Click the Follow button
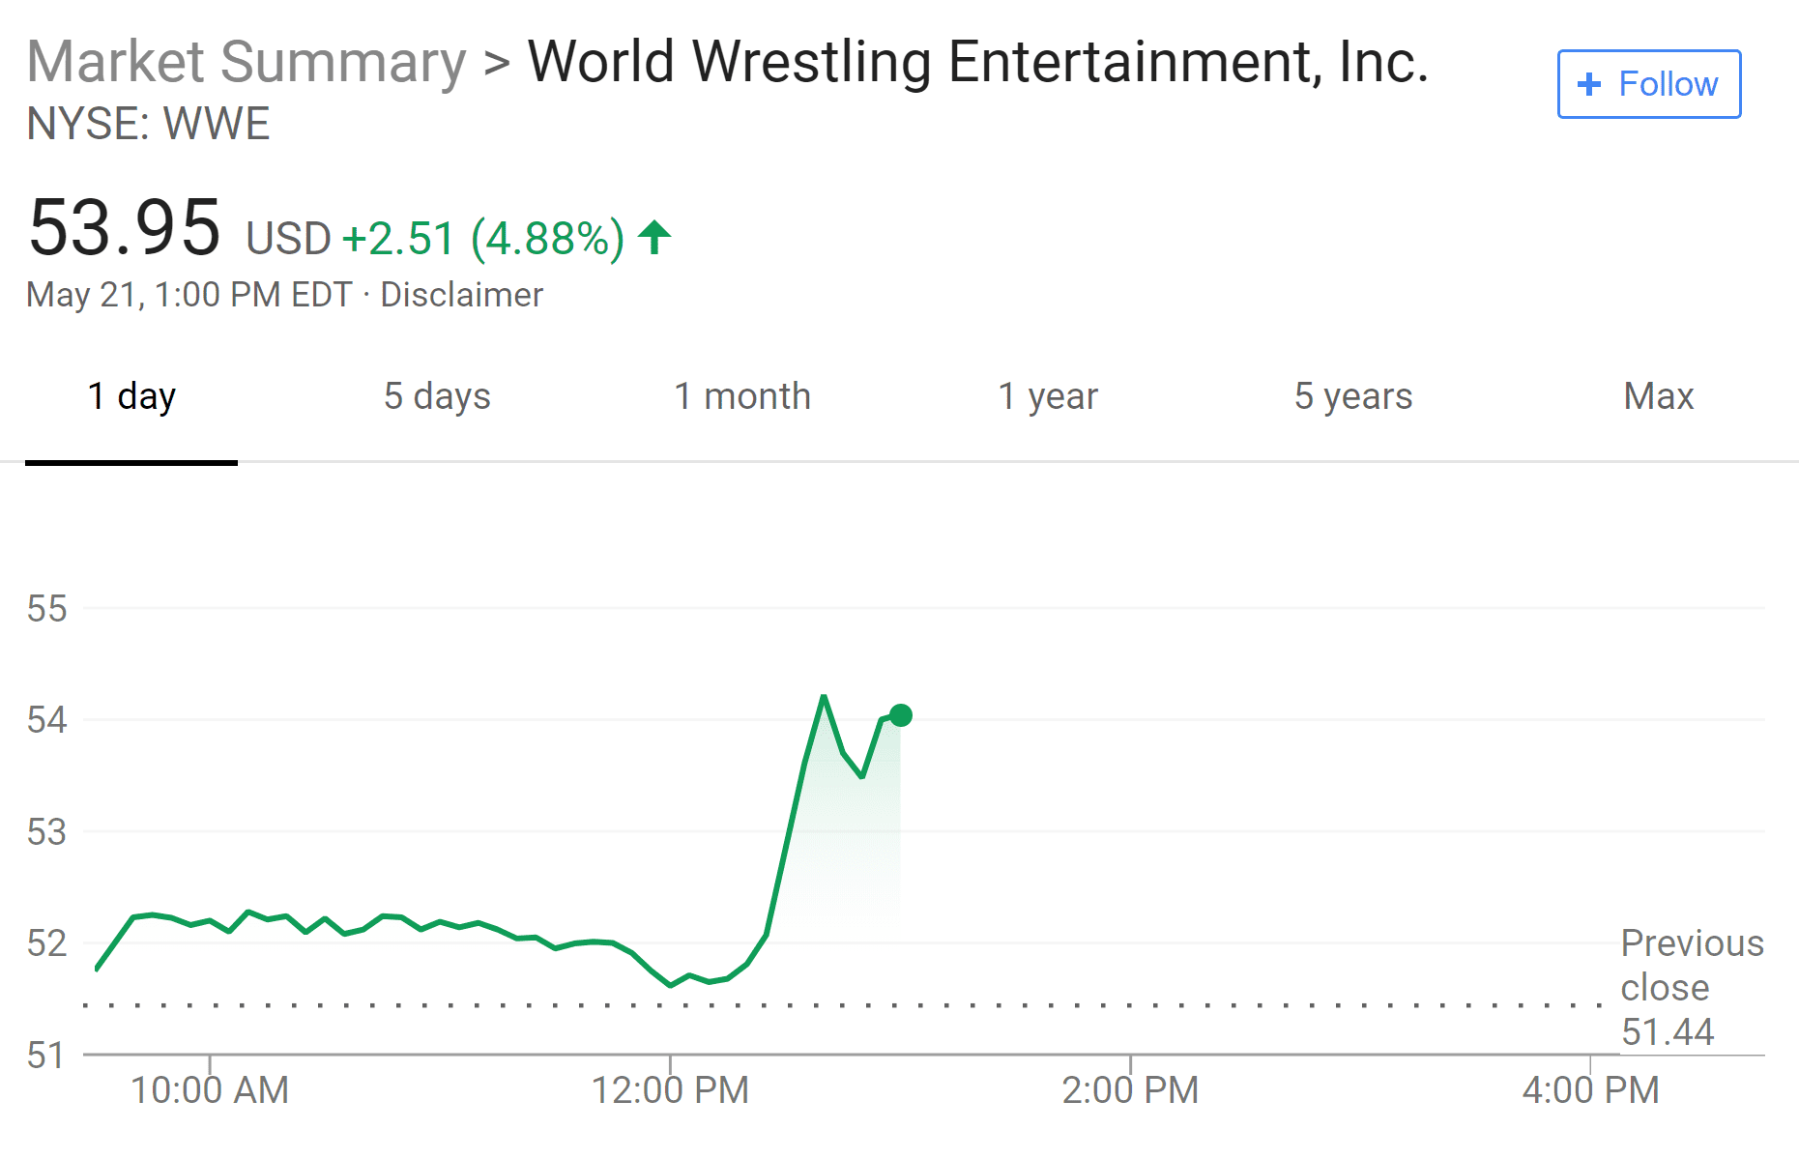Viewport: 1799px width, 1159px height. point(1648,84)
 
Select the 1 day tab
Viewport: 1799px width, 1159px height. point(131,396)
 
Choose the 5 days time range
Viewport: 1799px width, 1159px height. point(437,396)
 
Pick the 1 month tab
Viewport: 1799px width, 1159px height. point(741,396)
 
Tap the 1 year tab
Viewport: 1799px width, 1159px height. point(1048,396)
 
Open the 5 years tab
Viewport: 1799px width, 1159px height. point(1353,396)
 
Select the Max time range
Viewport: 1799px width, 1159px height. point(1658,396)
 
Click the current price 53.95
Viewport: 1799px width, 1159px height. point(125,228)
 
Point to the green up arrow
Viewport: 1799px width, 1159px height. point(654,237)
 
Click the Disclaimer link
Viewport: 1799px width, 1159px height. point(461,295)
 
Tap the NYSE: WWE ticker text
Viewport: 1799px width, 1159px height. point(148,124)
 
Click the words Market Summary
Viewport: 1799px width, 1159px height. point(247,62)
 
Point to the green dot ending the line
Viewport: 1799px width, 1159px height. point(900,715)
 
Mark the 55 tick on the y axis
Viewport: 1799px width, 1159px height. point(46,609)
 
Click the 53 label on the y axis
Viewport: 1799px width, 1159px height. point(46,831)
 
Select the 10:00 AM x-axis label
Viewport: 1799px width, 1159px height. point(210,1090)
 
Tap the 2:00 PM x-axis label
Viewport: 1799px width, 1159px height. point(1129,1090)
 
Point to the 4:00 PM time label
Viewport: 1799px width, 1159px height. point(1590,1090)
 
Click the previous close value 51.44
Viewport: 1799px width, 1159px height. point(1668,1032)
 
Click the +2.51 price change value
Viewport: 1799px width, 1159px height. point(398,239)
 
